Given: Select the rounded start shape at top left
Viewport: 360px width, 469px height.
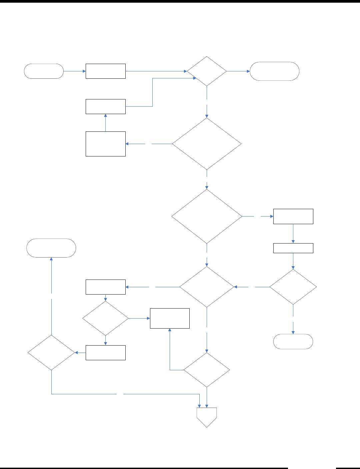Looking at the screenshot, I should tap(44, 71).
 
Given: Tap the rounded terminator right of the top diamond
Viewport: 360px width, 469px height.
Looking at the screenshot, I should tap(274, 71).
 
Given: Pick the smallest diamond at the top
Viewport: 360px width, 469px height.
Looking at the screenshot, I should tap(207, 71).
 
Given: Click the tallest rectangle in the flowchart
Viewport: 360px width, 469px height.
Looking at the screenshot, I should tap(105, 144).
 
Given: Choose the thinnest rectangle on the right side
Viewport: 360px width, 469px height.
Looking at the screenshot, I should tap(293, 248).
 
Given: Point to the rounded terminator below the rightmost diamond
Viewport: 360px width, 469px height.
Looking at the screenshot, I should tap(293, 342).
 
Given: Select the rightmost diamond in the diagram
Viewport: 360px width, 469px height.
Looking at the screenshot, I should tap(293, 287).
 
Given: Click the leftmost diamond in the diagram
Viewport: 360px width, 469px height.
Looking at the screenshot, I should tap(51, 353).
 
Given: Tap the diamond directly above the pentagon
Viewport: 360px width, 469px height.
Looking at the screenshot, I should tap(207, 370).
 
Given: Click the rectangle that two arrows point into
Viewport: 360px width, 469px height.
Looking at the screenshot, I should tap(170, 318).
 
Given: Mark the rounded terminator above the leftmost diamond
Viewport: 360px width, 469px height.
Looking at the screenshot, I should tap(51, 248).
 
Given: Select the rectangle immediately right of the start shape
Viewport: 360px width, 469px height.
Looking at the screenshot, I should tap(105, 71).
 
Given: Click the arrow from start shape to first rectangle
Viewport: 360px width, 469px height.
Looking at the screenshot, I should tap(74, 71).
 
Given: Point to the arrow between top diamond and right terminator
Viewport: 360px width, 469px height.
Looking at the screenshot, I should tap(238, 71).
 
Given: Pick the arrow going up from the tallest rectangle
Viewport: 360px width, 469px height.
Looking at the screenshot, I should tap(105, 123).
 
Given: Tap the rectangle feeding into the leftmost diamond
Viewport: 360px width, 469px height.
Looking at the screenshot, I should tap(105, 353).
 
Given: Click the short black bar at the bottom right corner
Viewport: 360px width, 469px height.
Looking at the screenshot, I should tap(348, 468).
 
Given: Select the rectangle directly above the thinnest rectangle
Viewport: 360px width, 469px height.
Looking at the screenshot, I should tap(293, 216).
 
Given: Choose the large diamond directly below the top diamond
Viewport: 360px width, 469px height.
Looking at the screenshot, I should tap(207, 144).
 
